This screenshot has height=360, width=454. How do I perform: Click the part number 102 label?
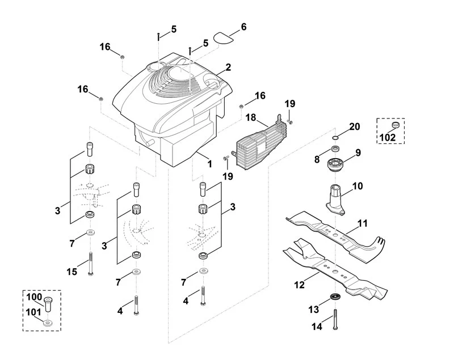[388, 137]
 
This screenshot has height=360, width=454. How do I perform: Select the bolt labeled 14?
[335, 320]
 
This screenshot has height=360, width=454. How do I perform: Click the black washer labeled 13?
[335, 297]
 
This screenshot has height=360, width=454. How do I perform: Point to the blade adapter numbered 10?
[336, 200]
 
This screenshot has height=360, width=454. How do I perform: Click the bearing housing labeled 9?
[336, 166]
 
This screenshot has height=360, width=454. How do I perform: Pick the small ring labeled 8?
[335, 149]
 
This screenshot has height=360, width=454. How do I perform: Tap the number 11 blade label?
[363, 223]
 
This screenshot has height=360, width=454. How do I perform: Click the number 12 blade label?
[300, 285]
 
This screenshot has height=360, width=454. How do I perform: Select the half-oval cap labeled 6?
[224, 38]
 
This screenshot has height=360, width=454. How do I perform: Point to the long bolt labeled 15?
[90, 264]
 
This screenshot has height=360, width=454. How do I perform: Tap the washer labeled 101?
[48, 323]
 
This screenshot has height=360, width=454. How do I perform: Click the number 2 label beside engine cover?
[228, 67]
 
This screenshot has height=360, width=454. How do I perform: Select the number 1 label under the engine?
[209, 164]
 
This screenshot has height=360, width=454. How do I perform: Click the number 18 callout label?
[251, 118]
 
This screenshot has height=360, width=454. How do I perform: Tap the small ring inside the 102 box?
[396, 125]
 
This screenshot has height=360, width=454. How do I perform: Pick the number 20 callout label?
[354, 126]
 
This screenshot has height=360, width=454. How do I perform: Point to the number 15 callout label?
[72, 272]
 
